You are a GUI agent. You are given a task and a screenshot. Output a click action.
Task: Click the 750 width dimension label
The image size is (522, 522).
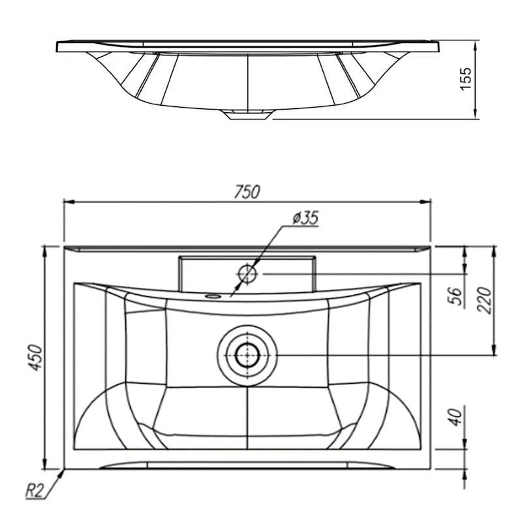pos(247,192)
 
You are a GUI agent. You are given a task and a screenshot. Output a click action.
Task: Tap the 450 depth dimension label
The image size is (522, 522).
pos(36,358)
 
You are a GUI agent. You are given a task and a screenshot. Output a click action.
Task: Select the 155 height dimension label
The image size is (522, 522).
pos(466,78)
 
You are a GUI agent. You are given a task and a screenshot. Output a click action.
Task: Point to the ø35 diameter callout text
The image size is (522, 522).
pos(305,218)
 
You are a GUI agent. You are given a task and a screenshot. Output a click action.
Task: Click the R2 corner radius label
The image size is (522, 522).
pos(35,491)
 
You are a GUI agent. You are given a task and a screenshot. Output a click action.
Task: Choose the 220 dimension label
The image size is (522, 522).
pos(484,300)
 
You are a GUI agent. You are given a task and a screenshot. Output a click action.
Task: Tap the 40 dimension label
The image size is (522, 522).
pos(456,416)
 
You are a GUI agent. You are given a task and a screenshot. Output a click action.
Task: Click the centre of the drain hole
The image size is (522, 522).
pos(247,355)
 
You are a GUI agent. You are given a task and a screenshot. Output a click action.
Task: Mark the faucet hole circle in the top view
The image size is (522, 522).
pos(247,273)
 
